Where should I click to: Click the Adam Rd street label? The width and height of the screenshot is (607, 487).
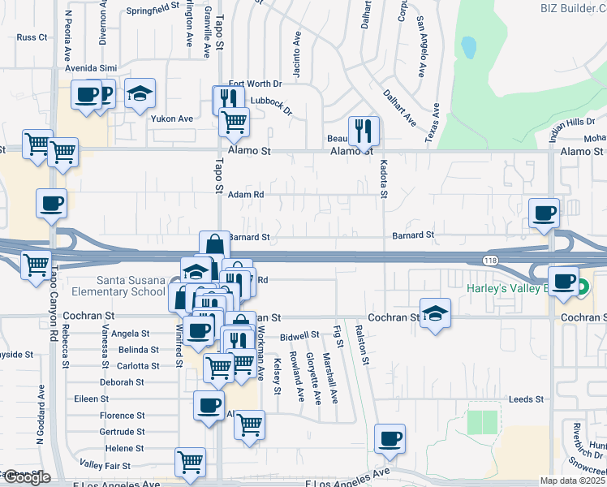coord(247,195)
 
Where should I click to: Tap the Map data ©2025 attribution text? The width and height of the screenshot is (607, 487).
coord(573,481)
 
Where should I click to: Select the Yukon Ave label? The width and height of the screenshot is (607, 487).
coord(172,119)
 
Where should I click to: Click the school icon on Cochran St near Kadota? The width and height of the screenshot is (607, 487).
coord(435,313)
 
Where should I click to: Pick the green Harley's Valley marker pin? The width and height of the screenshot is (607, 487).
coord(583,286)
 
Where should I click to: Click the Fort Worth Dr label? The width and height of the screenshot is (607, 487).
coord(255,84)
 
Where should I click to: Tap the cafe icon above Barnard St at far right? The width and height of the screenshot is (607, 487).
coord(543,213)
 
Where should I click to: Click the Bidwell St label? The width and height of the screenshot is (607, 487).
coord(300,334)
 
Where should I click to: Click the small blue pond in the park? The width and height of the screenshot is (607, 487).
coord(469,48)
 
